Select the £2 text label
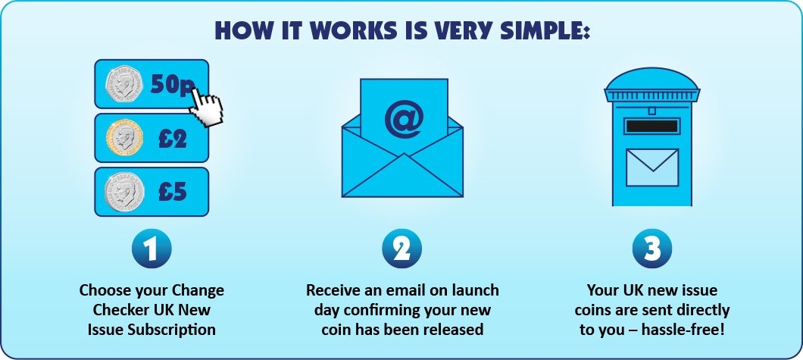tap(173, 138)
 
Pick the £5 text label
tap(173, 192)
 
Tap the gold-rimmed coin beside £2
tap(124, 138)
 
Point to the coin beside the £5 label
tap(124, 192)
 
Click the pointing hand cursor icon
tap(206, 106)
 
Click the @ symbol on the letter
tap(404, 119)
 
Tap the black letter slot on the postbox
tap(652, 126)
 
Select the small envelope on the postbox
tap(652, 167)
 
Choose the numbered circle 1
tap(151, 249)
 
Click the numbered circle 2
tap(402, 249)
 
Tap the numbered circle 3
tap(652, 249)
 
